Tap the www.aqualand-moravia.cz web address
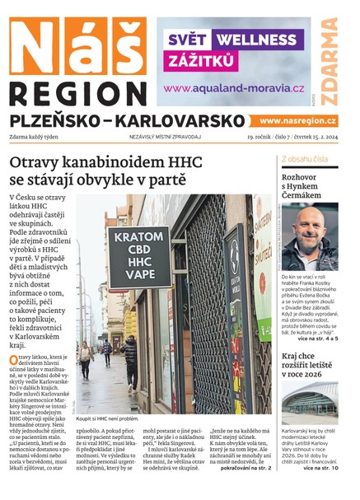point(234,88)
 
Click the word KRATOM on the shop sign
point(137,237)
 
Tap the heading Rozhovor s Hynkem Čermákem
point(309,186)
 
